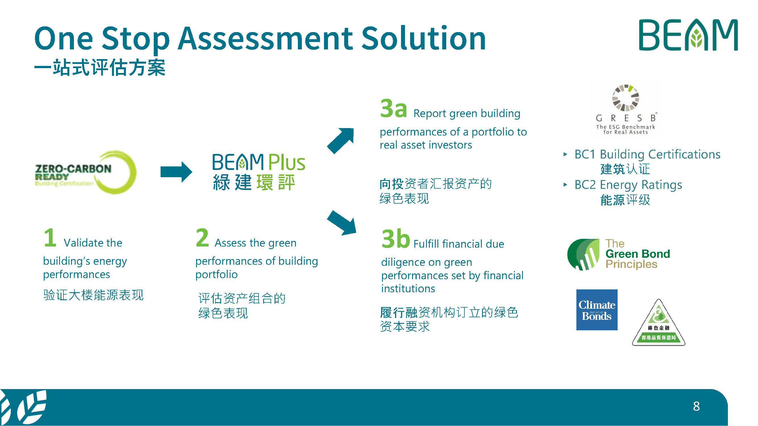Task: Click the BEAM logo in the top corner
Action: [x=688, y=35]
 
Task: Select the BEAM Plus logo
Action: [x=259, y=172]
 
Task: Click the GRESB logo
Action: [x=626, y=110]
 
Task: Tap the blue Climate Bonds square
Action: [x=597, y=310]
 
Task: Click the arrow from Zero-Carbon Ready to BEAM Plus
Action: [x=176, y=172]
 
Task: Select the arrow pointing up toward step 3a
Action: [x=341, y=141]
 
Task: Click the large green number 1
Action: [x=50, y=237]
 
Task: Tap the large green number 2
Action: [x=202, y=237]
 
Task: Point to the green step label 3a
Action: [x=393, y=108]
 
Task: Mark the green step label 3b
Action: [x=395, y=239]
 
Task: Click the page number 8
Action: [x=696, y=406]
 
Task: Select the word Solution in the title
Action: [x=423, y=38]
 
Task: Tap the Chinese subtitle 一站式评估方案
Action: [x=100, y=68]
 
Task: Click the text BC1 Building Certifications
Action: [x=647, y=154]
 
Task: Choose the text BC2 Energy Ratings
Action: [x=628, y=185]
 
